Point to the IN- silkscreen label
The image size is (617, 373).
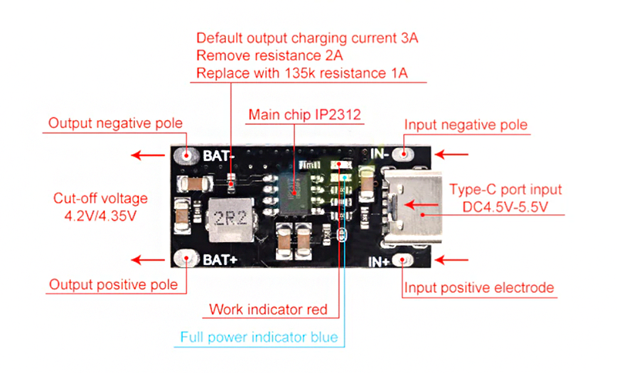click(x=379, y=153)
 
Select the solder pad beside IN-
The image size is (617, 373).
click(x=401, y=153)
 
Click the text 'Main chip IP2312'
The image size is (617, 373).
click(x=305, y=115)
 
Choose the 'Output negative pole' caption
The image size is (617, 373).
click(x=115, y=123)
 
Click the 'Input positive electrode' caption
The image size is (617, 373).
click(x=479, y=287)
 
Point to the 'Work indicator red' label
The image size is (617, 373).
click(x=268, y=310)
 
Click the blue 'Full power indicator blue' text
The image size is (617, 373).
click(x=258, y=337)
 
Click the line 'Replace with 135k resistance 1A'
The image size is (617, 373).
click(x=302, y=73)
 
